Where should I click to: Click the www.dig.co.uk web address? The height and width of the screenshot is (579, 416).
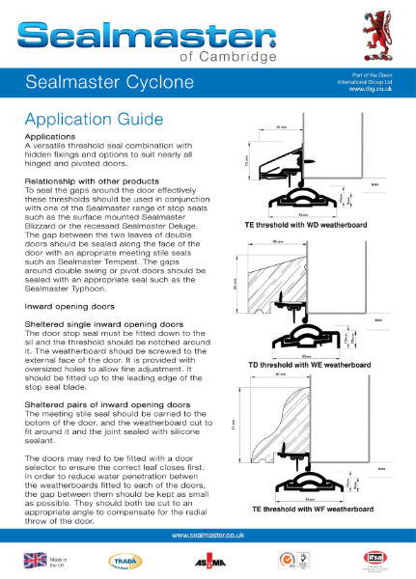[370, 88]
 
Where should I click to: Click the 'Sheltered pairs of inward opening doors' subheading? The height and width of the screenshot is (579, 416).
[105, 402]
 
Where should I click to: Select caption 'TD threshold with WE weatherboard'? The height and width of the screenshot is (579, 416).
[307, 368]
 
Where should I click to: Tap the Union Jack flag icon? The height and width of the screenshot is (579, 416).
[35, 560]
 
